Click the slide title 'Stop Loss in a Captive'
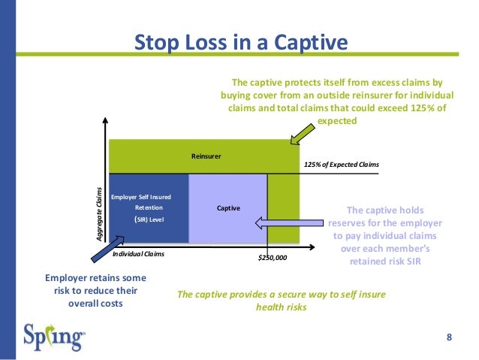pos(240,43)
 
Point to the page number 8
pos(449,336)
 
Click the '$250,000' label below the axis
pos(272,257)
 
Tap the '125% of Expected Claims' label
pos(342,165)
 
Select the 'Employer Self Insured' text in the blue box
pos(140,196)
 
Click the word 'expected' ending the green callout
pos(338,120)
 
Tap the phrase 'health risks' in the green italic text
pos(281,307)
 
